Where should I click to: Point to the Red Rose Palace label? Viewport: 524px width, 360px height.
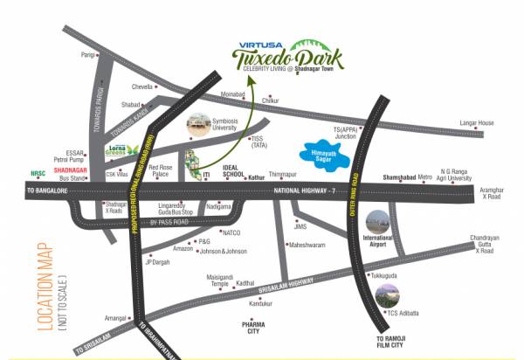164,170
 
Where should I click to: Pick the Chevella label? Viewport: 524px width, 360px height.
142,87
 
